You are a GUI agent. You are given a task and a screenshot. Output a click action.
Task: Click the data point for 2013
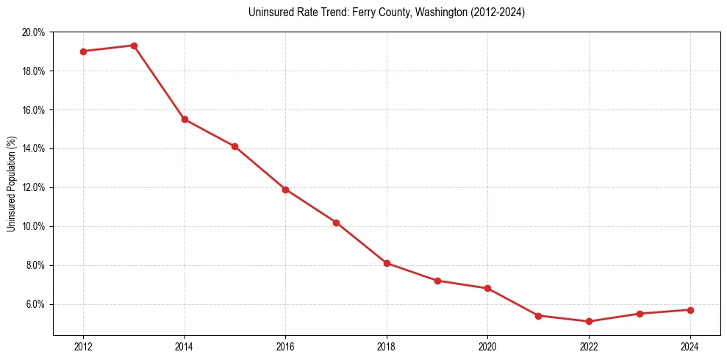[x=134, y=46]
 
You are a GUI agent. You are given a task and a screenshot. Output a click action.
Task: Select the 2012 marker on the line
[x=83, y=51]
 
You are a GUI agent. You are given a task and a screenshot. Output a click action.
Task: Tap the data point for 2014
[x=185, y=119]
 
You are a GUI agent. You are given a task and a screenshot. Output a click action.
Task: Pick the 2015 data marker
[x=234, y=146]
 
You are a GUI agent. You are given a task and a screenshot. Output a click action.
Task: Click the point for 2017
[x=336, y=223]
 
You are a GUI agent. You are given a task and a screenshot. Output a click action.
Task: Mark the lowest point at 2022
[x=589, y=321]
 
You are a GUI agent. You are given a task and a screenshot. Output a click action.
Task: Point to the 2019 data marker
[x=437, y=281]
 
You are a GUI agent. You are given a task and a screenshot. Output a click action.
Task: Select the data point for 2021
[x=538, y=316]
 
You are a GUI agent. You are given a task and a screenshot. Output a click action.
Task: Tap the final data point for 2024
[x=690, y=310]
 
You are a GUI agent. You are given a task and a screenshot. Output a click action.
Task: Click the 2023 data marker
[x=640, y=314]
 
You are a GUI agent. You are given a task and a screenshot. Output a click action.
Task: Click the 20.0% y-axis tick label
[x=34, y=32]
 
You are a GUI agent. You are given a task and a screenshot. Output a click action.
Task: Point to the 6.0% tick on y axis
[x=35, y=304]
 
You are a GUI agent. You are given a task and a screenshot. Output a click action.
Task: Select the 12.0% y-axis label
[x=34, y=187]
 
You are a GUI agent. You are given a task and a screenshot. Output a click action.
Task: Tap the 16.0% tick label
[x=34, y=110]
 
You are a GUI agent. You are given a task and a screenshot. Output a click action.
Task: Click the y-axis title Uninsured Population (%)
[x=11, y=184]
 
